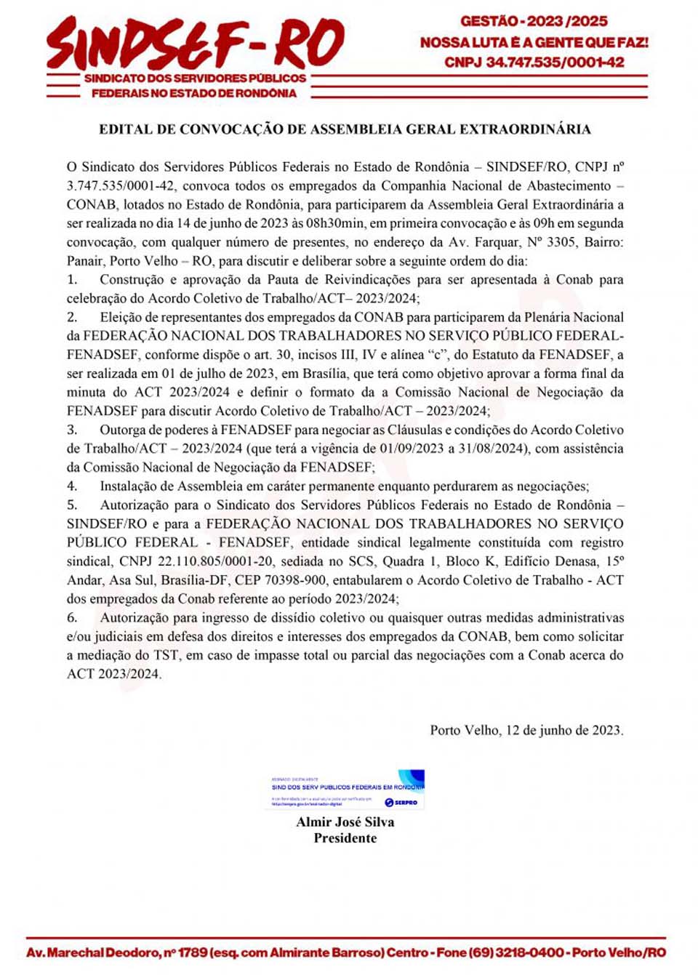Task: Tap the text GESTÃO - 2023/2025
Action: (x=534, y=21)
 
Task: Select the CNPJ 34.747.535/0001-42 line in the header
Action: (x=534, y=63)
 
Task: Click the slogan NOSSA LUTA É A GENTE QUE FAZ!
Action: (x=534, y=42)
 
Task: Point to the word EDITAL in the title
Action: (x=125, y=129)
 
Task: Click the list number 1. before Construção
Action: (x=72, y=280)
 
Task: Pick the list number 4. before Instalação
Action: (x=72, y=486)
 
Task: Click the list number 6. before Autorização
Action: (x=72, y=618)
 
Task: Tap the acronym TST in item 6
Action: (x=166, y=655)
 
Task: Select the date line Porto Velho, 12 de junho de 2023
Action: (x=526, y=730)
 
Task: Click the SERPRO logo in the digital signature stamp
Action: (x=401, y=802)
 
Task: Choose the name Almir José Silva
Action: (x=345, y=822)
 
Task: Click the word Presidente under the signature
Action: (x=345, y=838)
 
